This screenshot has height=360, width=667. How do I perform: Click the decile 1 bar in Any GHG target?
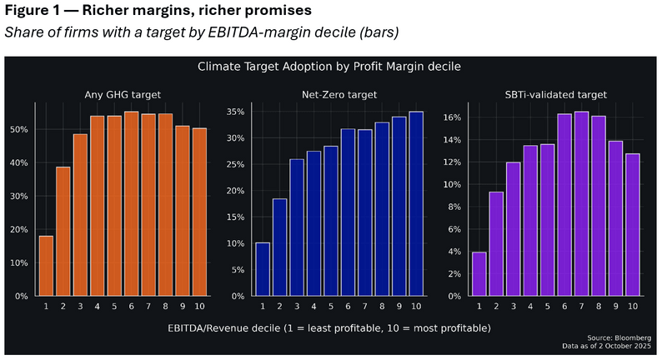coord(46,266)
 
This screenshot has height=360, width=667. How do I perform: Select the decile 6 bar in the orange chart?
coord(131,204)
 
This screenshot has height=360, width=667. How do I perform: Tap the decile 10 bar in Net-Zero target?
coord(417,204)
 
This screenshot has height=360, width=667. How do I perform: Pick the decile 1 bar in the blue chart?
coord(263,269)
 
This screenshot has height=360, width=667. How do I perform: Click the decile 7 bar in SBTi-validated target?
coord(582,204)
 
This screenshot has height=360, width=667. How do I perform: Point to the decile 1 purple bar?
coord(479,274)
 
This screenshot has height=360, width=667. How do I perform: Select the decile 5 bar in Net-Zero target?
coord(331,221)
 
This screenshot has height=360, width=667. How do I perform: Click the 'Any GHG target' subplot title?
coord(123,94)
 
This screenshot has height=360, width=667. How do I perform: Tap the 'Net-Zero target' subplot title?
coord(340,94)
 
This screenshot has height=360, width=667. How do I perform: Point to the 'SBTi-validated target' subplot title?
coord(556,94)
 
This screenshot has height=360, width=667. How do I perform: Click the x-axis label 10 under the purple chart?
coord(634,307)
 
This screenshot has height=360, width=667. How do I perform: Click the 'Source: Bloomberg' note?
coord(624,337)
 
